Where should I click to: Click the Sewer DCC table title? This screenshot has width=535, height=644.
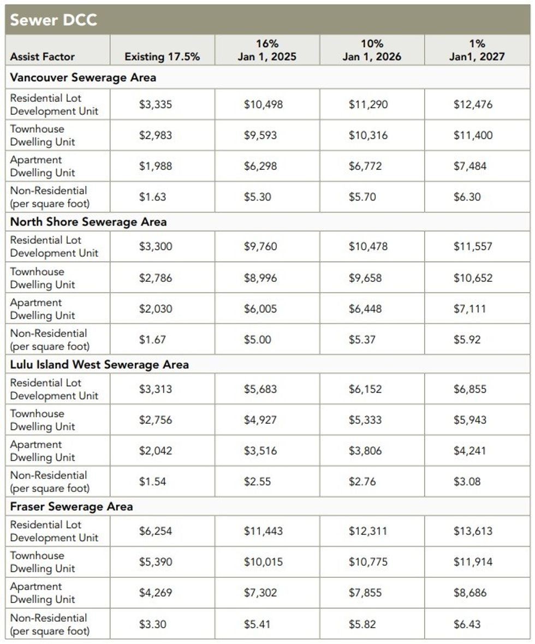[53, 20]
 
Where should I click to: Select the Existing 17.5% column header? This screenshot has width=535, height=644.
[162, 57]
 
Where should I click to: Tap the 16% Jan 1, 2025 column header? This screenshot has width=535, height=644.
[267, 50]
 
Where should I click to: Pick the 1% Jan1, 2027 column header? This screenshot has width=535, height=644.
[477, 50]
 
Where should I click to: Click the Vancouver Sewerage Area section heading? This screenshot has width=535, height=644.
[83, 78]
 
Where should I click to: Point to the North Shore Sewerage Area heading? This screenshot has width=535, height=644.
[88, 222]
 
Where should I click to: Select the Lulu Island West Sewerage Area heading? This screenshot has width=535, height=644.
[99, 364]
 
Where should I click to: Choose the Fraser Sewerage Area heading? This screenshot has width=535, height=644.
[72, 506]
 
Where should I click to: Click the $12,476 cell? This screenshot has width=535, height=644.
[473, 104]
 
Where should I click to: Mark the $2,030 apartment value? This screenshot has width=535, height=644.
[156, 309]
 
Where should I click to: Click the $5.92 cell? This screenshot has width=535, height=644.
[467, 340]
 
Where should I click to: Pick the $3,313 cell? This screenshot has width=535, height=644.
[156, 389]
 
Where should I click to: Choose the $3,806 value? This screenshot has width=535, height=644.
[365, 451]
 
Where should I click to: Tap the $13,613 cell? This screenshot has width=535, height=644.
[473, 531]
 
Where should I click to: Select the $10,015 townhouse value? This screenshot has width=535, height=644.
[263, 562]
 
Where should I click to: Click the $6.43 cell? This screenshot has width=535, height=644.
[467, 624]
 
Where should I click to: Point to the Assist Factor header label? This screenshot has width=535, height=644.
[43, 57]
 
